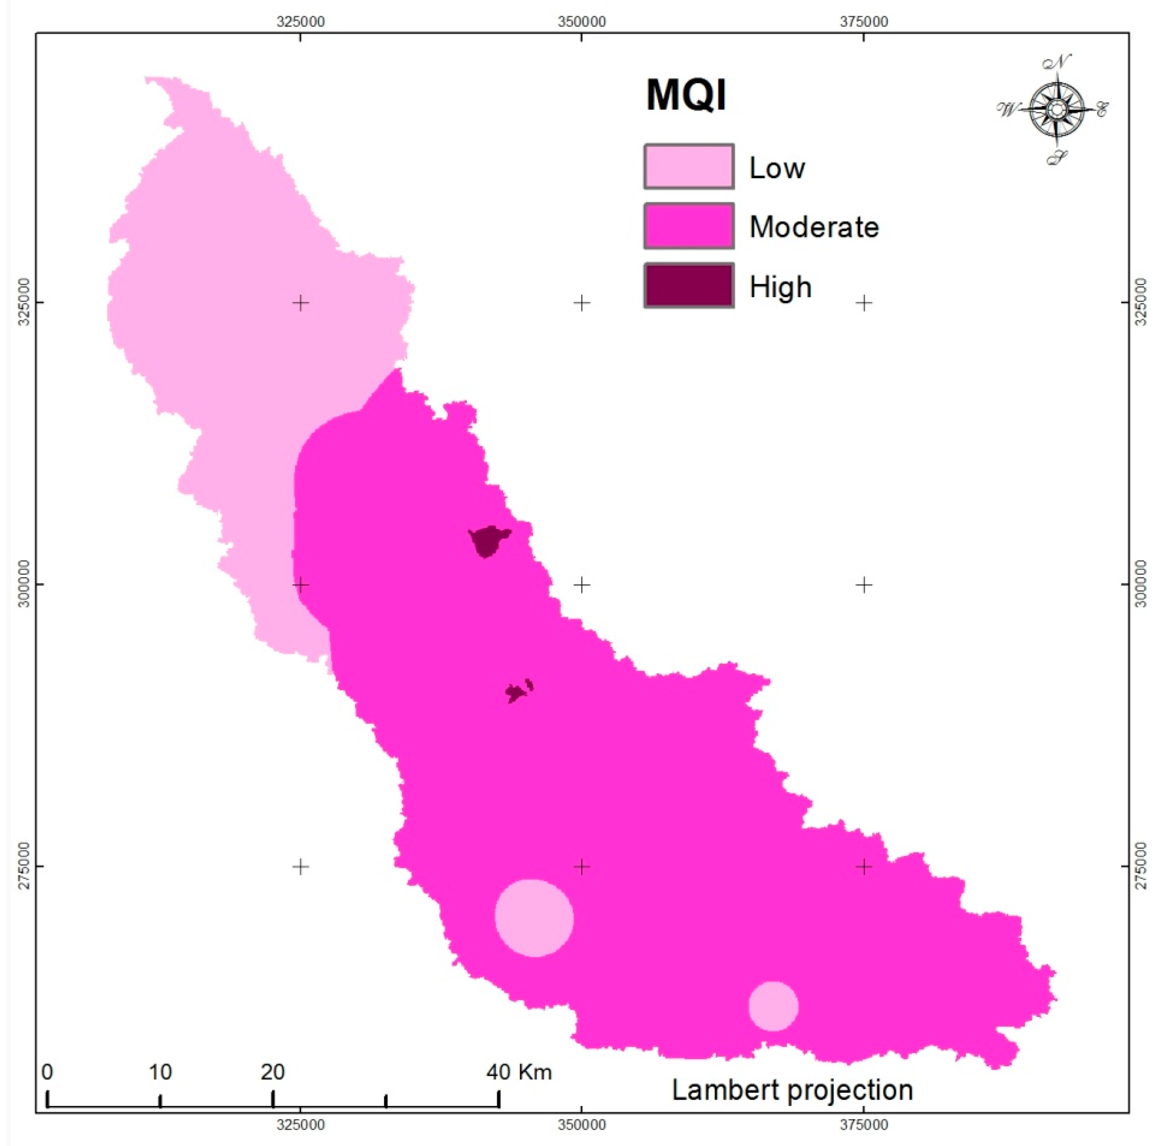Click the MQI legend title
[686, 95]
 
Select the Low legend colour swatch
[689, 166]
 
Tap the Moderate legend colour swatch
[689, 226]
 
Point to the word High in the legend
[781, 287]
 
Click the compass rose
[1056, 110]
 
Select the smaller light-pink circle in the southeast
[773, 1006]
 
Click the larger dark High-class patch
[488, 540]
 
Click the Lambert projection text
[792, 1090]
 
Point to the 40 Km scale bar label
[519, 1072]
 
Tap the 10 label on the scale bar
[160, 1072]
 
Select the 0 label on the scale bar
[47, 1072]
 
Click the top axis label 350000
[581, 22]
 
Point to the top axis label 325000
[300, 22]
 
